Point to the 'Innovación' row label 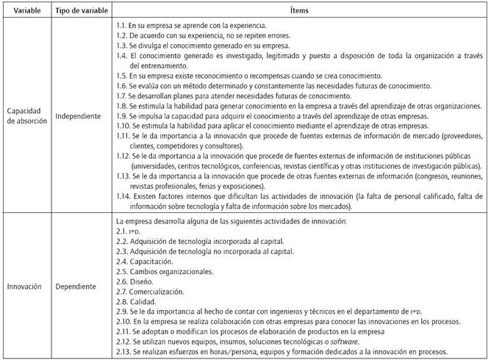click(24, 286)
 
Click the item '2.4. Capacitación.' click(144, 261)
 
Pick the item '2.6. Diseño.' click(134, 281)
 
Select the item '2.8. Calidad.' click(136, 301)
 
